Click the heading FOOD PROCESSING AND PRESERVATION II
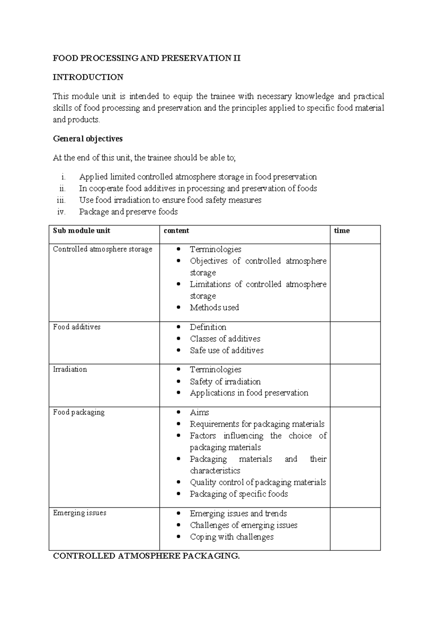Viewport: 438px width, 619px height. (x=146, y=58)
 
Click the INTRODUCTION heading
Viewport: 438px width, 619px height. (x=88, y=77)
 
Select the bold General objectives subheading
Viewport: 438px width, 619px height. (x=88, y=139)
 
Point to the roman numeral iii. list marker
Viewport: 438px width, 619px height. (x=61, y=200)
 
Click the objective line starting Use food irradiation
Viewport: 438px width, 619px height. (x=170, y=200)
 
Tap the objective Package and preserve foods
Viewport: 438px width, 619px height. (x=128, y=212)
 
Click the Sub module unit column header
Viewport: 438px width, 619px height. (x=81, y=231)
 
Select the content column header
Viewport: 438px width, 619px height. (x=176, y=231)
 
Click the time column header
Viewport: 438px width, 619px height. (x=342, y=231)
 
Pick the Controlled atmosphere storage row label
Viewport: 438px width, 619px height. (x=103, y=249)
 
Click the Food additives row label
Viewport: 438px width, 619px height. (x=77, y=327)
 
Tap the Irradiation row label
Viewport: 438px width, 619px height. (x=70, y=369)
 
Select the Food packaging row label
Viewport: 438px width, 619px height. (x=79, y=412)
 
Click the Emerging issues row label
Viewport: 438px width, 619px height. (x=80, y=513)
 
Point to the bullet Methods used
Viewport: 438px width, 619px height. (x=214, y=308)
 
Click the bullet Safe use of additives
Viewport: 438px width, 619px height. (x=226, y=350)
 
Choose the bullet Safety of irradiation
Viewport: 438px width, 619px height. (x=225, y=382)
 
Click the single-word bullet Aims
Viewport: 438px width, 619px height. (x=199, y=412)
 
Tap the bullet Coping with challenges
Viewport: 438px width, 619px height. (x=231, y=537)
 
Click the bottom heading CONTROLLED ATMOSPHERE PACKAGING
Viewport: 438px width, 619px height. (x=146, y=556)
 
